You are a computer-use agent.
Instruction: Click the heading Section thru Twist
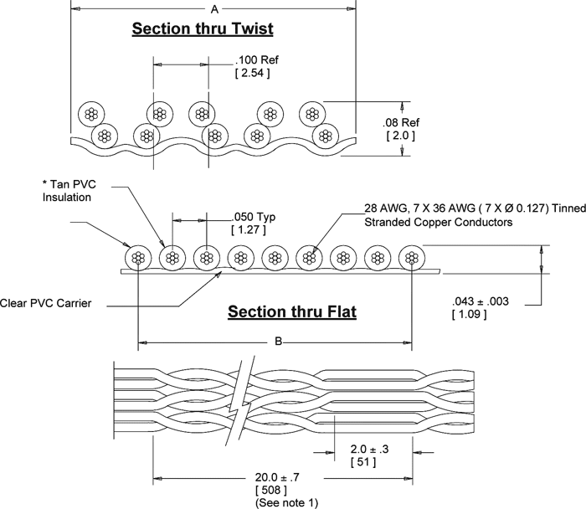(x=204, y=30)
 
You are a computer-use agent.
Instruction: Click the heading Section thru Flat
(x=293, y=313)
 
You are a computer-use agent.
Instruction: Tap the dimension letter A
(x=215, y=9)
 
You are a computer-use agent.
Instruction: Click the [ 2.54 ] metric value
(x=251, y=74)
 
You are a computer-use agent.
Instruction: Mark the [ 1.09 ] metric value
(x=469, y=314)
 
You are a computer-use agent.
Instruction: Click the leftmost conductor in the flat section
(x=136, y=259)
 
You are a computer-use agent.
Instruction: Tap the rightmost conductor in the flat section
(x=411, y=259)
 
